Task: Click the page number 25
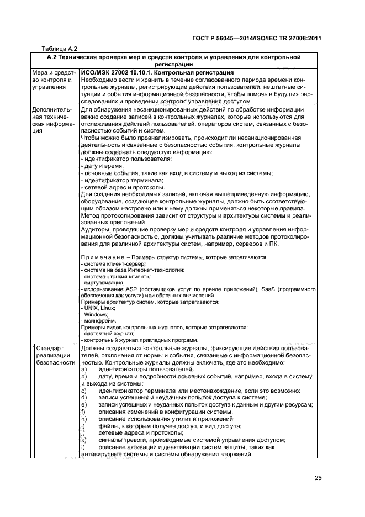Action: pos(318,478)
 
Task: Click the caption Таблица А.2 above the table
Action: pos(60,48)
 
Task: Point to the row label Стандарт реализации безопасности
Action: pos(55,356)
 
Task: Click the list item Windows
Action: pos(94,314)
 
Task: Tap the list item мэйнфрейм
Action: pos(97,320)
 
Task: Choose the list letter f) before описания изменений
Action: pos(83,412)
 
